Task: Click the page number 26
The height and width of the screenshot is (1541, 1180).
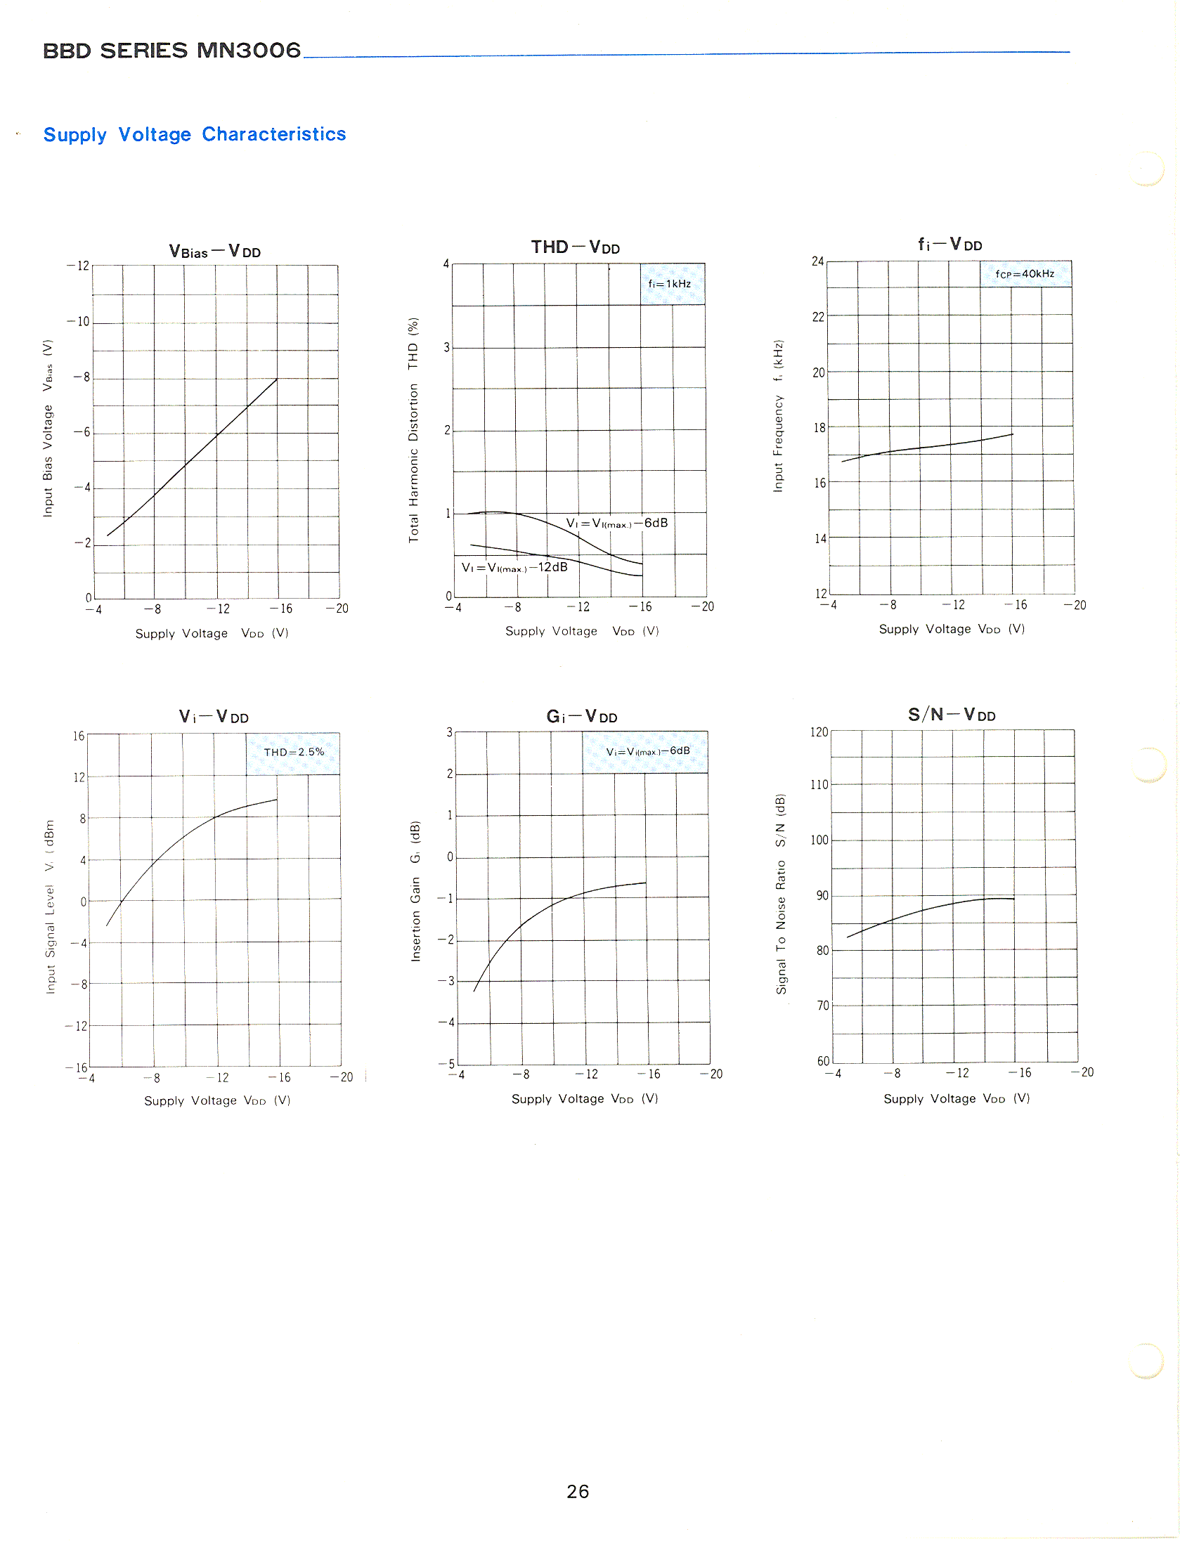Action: [x=577, y=1491]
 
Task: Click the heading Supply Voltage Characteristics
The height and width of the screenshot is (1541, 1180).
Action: [x=195, y=134]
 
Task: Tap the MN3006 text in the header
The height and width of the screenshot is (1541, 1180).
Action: [x=248, y=51]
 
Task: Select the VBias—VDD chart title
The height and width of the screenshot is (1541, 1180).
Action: [x=214, y=252]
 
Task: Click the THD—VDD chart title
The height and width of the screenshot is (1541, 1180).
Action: [x=575, y=247]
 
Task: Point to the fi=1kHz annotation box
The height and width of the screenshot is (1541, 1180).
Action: [x=670, y=284]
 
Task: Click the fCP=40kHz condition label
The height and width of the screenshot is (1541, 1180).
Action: [x=1025, y=274]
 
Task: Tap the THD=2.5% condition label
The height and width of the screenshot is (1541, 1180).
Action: [x=294, y=752]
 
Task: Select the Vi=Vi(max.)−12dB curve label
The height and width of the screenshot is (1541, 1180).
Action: [x=514, y=567]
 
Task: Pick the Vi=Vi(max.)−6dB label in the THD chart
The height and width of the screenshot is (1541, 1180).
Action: [x=616, y=523]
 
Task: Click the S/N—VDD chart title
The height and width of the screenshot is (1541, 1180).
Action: [x=952, y=715]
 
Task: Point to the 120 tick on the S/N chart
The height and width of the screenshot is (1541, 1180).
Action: [x=819, y=732]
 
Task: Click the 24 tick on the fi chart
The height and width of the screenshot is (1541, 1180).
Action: [x=817, y=261]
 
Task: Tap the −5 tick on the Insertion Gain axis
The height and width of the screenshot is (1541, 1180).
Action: [x=446, y=1064]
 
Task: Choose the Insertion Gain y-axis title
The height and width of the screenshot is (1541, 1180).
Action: [x=415, y=891]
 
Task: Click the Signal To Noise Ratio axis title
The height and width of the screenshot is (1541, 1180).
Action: [x=780, y=894]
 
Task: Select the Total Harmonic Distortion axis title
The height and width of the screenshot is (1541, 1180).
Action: [x=413, y=430]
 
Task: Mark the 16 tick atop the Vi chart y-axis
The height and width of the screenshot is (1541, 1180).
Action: [x=79, y=736]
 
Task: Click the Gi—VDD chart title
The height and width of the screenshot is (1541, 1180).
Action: [x=581, y=717]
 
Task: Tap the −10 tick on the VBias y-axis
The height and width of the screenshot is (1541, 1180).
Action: [x=79, y=322]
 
